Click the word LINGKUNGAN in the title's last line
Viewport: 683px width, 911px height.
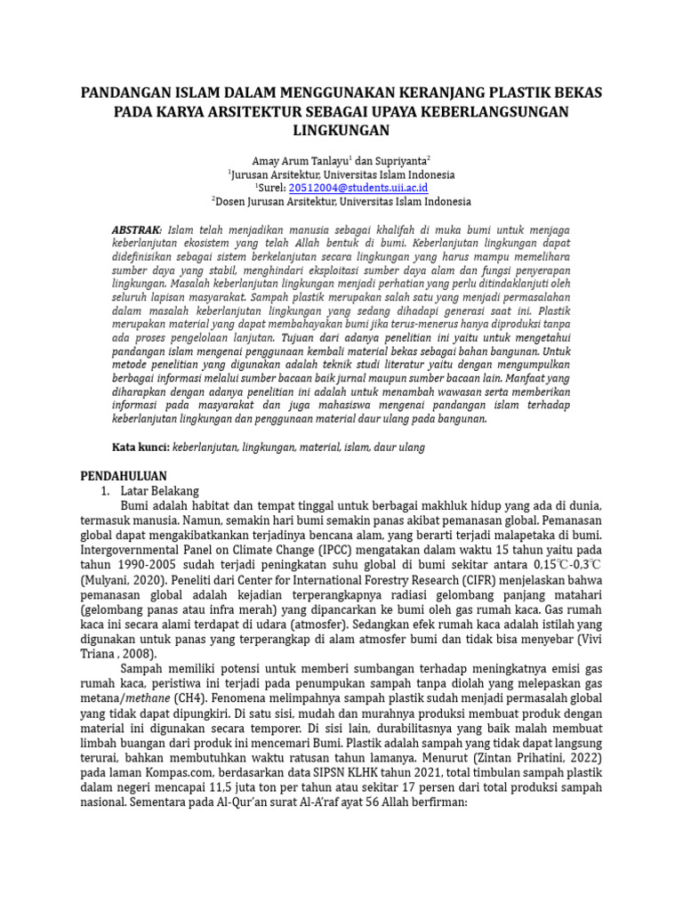[341, 131]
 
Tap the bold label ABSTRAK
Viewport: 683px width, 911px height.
[136, 230]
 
